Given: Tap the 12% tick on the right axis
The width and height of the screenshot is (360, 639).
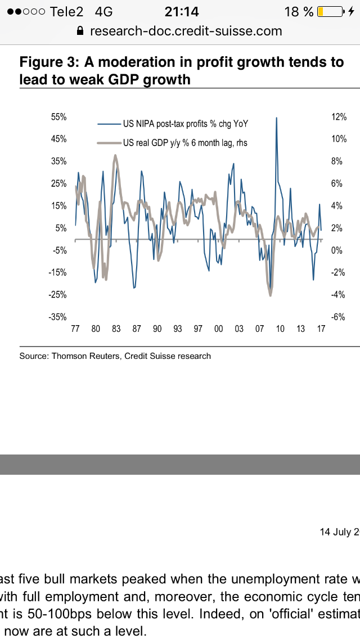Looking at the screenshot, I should (x=339, y=117).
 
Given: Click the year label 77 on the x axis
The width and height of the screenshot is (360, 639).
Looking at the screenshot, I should (x=75, y=328).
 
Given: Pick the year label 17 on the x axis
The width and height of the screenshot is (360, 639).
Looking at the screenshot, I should (x=321, y=328).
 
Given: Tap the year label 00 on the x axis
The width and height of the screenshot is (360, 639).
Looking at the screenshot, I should (x=218, y=328).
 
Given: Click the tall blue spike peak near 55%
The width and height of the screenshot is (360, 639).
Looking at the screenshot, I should (x=276, y=118).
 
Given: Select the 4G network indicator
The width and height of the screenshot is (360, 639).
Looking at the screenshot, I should (x=104, y=12).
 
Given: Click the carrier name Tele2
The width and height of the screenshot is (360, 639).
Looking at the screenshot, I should (x=66, y=12).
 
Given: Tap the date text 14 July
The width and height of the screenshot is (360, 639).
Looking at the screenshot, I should (x=337, y=532).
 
